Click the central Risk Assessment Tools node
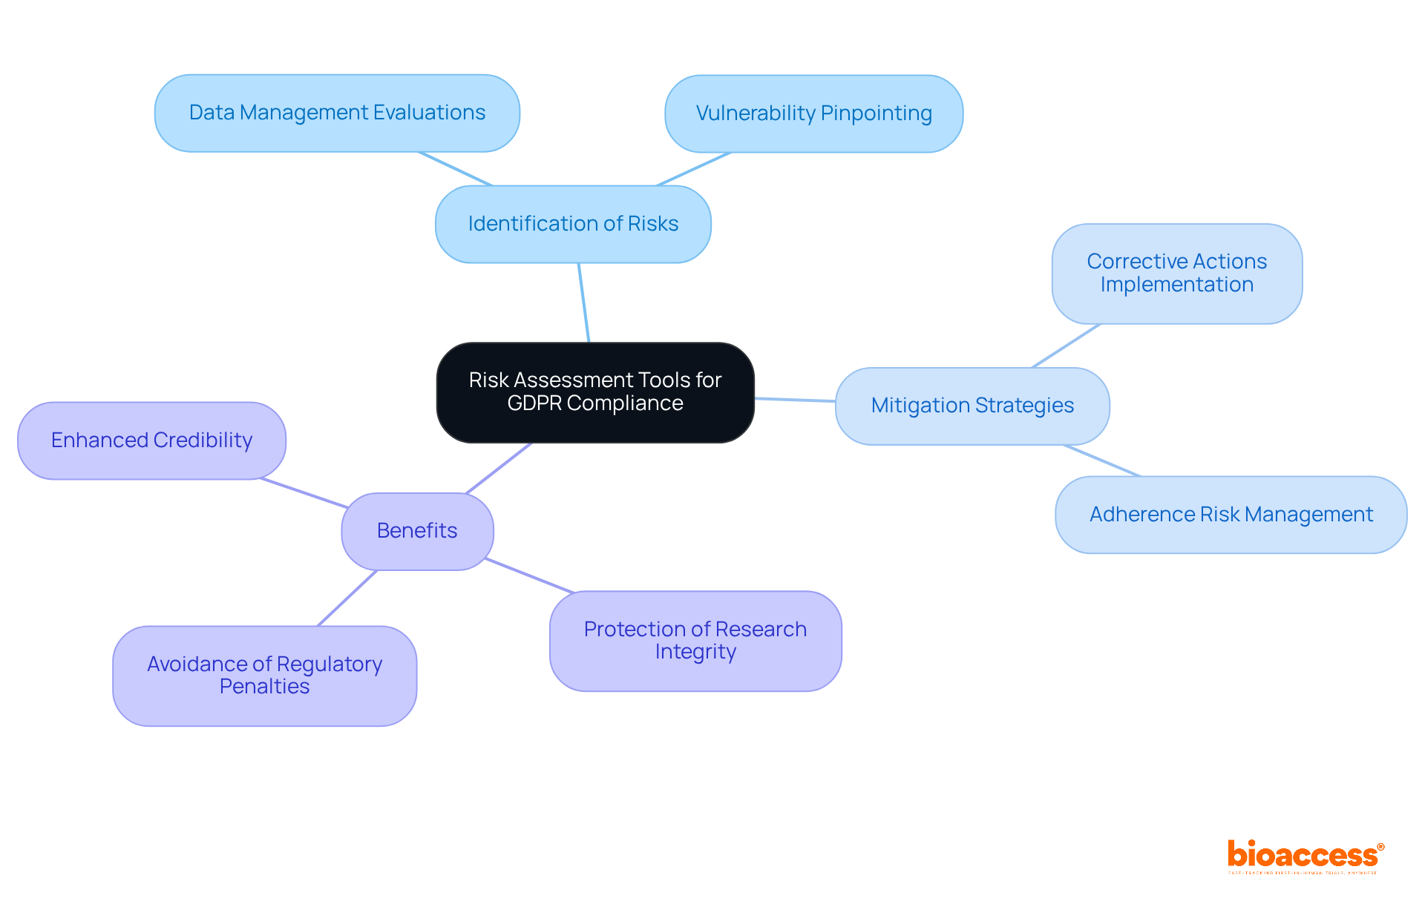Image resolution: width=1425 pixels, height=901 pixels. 595,392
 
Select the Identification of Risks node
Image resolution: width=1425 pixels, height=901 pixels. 573,224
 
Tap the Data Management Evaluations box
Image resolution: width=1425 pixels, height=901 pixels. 337,113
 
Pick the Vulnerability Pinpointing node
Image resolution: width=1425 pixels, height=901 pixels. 813,113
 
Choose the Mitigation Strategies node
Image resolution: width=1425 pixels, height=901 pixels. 972,406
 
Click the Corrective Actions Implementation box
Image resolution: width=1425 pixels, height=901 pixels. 1176,274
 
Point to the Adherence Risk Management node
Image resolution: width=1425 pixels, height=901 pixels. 1231,515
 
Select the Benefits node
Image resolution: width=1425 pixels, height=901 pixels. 417,531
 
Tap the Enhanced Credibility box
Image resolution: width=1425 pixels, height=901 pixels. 151,440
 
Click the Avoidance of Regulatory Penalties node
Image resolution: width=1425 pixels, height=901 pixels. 264,676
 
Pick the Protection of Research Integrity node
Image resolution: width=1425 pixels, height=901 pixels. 695,641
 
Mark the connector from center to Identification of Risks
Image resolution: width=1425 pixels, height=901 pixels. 584,303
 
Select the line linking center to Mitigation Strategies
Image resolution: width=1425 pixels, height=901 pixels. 795,400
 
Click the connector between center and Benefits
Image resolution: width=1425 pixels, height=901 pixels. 499,468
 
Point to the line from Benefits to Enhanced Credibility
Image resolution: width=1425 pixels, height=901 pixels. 304,493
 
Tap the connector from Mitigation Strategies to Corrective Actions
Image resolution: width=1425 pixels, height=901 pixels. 1067,346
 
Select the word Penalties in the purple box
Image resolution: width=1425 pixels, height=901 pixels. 264,687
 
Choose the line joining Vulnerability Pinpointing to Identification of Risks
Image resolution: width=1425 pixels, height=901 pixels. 694,169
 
